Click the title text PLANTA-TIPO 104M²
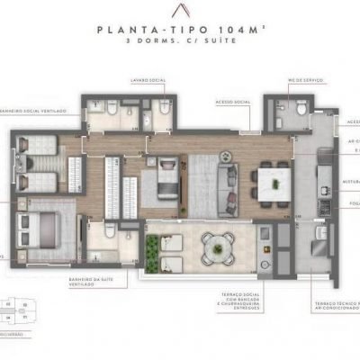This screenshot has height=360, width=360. tap(179, 29)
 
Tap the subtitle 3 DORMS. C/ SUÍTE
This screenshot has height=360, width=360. tap(179, 41)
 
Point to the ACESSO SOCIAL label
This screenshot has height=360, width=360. tap(233, 102)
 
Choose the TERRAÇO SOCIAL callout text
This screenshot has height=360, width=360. tap(234, 301)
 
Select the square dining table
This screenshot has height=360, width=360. tap(268, 180)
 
